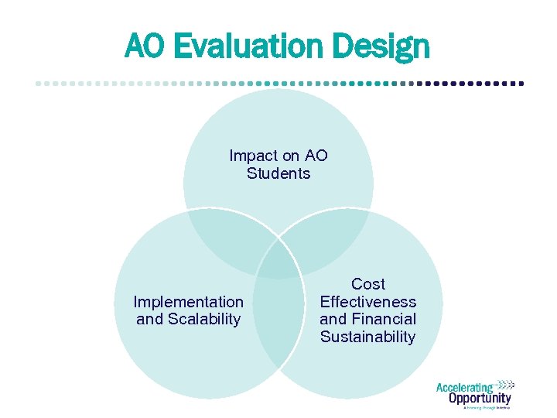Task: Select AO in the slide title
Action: pos(145,48)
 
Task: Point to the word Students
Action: pos(278,173)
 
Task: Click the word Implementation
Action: pos(188,302)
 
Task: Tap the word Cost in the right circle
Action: pos(367,284)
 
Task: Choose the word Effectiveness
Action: pos(367,302)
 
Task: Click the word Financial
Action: pos(383,319)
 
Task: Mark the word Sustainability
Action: pos(367,337)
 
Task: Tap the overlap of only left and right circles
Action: pos(278,325)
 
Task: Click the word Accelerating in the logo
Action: pos(464,388)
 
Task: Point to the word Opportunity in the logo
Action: pos(480,399)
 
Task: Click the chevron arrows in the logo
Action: pos(504,384)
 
